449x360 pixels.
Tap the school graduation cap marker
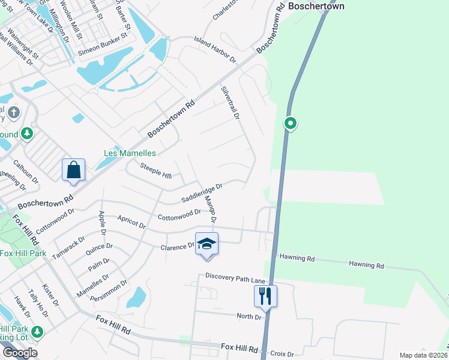pyautogui.click(x=206, y=244)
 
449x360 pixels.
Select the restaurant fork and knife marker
pyautogui.click(x=264, y=295)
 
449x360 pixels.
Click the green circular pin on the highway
pyautogui.click(x=290, y=124)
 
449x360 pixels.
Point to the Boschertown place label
pyautogui.click(x=316, y=7)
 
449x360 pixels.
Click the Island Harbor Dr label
pyautogui.click(x=215, y=49)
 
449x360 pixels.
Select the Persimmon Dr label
pyautogui.click(x=109, y=290)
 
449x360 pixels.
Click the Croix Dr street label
pyautogui.click(x=282, y=354)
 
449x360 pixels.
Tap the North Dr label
pyautogui.click(x=249, y=316)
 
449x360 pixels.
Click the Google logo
pyautogui.click(x=20, y=353)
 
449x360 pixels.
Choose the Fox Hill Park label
pyautogui.click(x=23, y=254)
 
